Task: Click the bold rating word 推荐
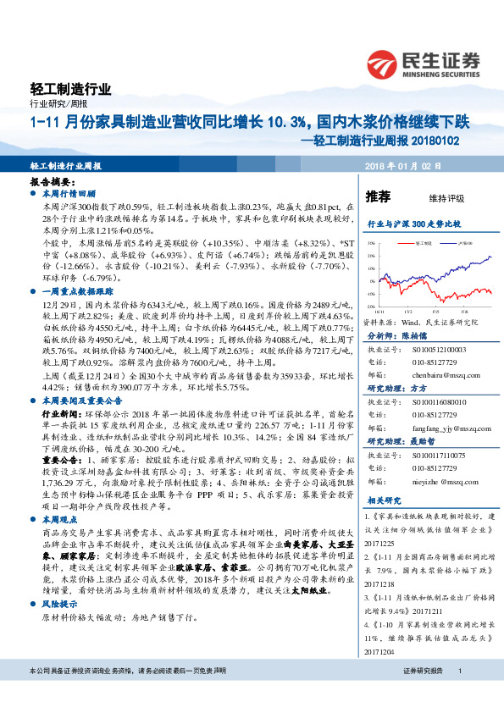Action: (x=378, y=196)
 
